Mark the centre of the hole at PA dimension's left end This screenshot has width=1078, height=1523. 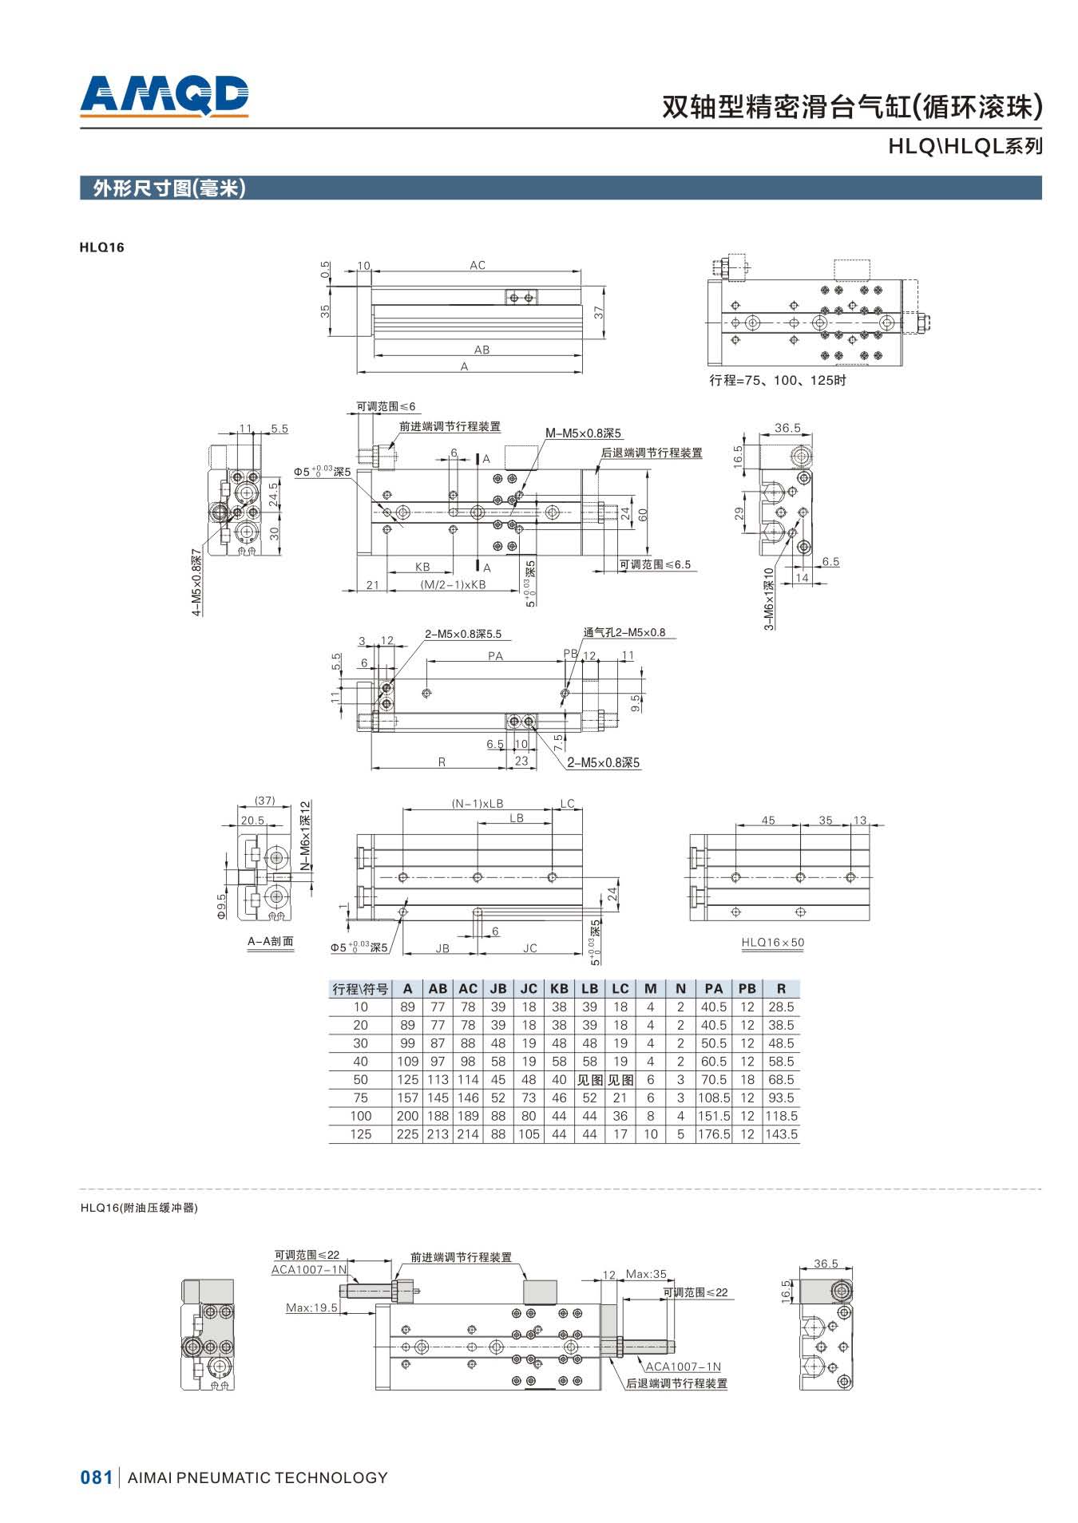coord(428,692)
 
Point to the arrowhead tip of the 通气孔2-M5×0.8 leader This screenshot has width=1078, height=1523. coord(564,694)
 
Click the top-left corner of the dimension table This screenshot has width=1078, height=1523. coord(329,979)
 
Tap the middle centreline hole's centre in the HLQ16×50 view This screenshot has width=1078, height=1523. coord(800,877)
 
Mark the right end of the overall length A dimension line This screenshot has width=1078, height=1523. coord(582,372)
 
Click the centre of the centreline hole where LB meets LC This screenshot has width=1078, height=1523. coord(552,877)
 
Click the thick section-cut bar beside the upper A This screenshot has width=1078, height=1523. coord(477,459)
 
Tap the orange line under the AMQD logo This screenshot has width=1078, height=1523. coord(164,117)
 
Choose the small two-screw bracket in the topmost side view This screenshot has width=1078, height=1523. coord(521,297)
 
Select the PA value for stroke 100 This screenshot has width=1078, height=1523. coord(713,1116)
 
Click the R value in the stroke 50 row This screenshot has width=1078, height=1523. coord(781,1080)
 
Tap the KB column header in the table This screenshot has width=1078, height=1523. coord(559,988)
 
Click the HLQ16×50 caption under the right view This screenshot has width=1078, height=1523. coord(773,943)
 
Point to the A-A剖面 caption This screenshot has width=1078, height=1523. coord(270,941)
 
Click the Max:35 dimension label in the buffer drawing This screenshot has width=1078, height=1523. coord(646,1275)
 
